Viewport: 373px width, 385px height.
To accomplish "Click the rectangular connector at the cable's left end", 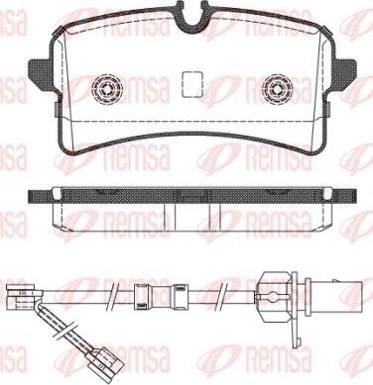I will tap(17, 293).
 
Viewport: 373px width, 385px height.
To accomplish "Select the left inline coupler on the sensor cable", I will tap(141, 293).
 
